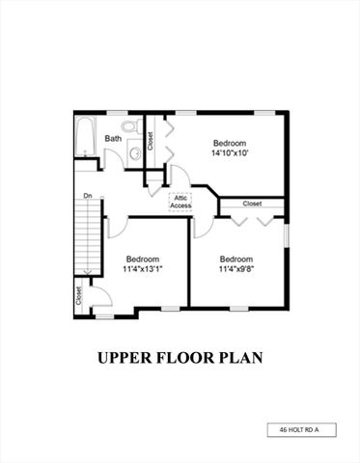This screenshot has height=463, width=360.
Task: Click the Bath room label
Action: pos(113,139)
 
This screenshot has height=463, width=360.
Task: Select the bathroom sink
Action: pos(134,151)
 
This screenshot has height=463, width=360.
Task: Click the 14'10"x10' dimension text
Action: pos(230,152)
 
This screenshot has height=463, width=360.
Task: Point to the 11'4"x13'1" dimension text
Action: pos(142,270)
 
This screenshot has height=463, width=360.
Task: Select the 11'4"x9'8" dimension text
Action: pos(235,270)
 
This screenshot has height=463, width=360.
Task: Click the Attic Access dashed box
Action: pos(180,202)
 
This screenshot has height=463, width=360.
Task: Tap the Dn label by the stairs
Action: pos(87,196)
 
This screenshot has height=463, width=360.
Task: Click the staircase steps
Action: pos(88,236)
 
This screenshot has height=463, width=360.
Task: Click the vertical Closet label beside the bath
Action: pos(150,141)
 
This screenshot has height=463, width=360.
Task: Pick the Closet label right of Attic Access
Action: pos(252,204)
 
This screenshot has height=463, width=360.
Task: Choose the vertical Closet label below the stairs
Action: pos(79,298)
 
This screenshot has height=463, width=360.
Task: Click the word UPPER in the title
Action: pos(126,358)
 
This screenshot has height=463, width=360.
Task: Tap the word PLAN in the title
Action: pos(240,358)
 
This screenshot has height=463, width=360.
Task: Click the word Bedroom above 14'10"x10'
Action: pos(230,140)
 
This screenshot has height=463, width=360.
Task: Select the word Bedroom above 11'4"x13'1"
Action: pos(143,259)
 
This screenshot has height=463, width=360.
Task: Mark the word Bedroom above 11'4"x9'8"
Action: pos(235,259)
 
